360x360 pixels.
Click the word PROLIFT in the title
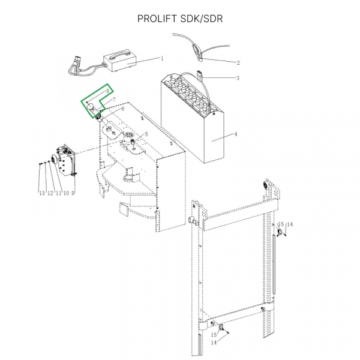[158, 18]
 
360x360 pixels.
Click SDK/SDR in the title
[201, 18]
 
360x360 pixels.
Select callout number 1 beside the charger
[161, 58]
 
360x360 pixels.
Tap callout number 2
[238, 62]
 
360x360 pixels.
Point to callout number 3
[238, 78]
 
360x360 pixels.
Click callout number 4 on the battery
[236, 134]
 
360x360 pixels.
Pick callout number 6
[122, 109]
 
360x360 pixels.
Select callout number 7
[114, 97]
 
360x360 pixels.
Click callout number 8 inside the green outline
[108, 91]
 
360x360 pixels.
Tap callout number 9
[73, 193]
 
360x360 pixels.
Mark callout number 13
[41, 193]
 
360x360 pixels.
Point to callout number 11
[59, 193]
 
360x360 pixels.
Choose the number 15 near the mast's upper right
[281, 224]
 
